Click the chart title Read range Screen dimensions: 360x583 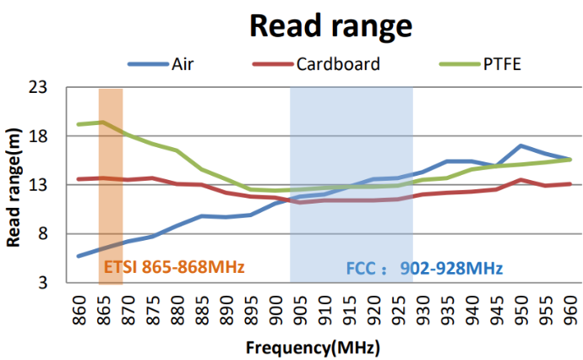(330, 25)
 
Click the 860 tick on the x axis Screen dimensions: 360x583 (79, 308)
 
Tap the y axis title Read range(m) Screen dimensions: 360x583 (14, 186)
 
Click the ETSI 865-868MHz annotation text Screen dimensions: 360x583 (173, 268)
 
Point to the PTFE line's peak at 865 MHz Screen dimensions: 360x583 (103, 123)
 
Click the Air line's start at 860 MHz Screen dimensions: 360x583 (79, 255)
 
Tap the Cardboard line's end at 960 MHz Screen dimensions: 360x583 (570, 183)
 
